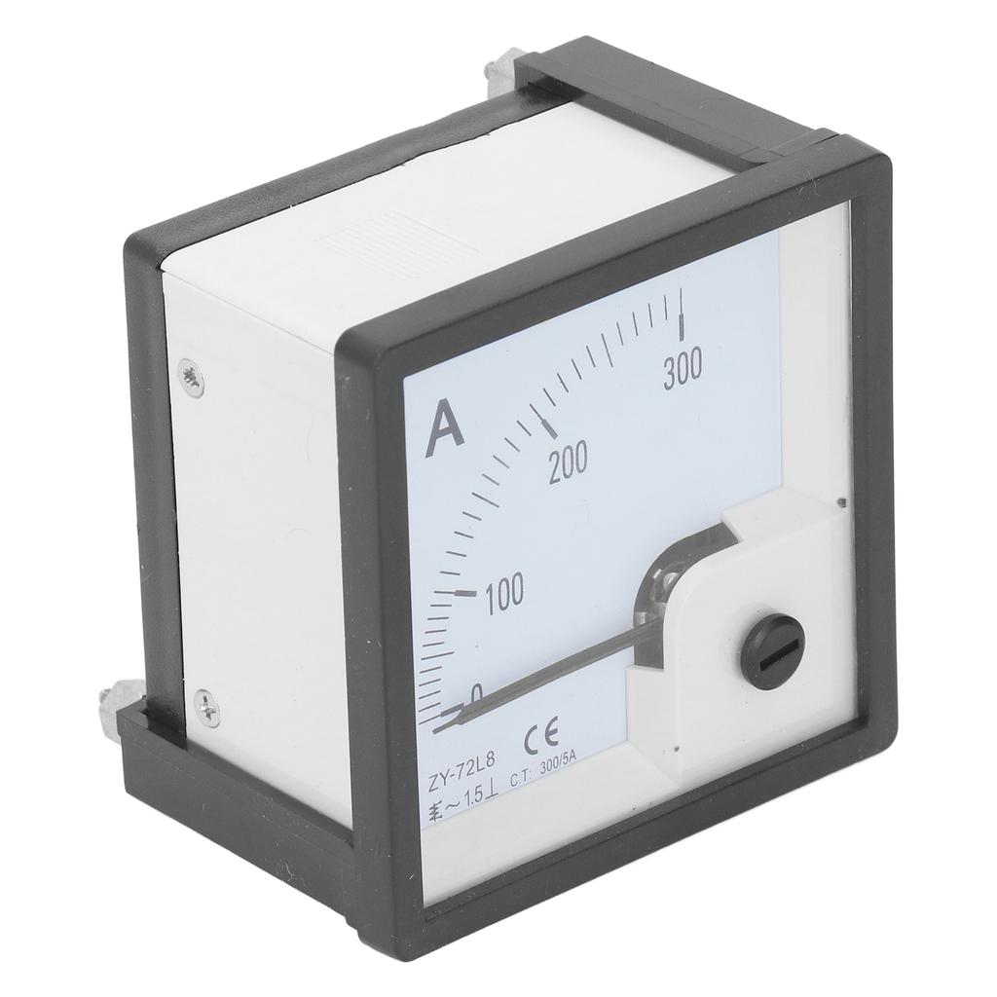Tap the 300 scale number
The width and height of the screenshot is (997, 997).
pos(683,371)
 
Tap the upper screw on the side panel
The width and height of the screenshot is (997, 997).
pos(192,380)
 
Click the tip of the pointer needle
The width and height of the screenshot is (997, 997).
pos(440,725)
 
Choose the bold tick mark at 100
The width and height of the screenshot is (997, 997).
pos(465,592)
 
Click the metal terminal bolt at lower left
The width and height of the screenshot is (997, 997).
pos(112,709)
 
